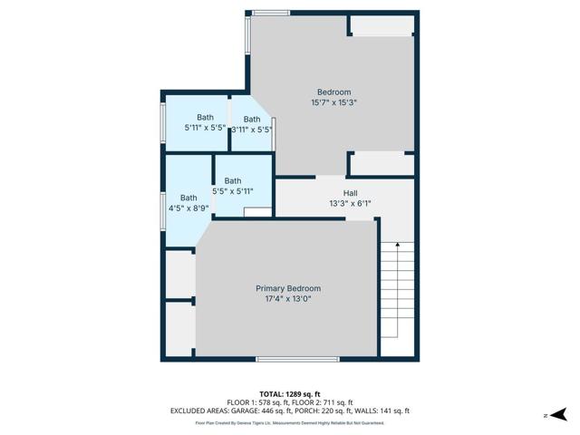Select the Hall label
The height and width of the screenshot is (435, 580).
pos(350,193)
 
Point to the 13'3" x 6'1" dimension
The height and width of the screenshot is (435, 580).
pos(350,204)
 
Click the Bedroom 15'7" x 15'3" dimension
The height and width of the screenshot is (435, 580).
pos(333,102)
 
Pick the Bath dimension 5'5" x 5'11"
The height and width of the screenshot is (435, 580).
pos(233,191)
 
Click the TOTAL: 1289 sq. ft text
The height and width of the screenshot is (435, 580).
pos(290,393)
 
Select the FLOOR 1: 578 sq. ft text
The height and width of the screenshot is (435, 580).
pos(257,402)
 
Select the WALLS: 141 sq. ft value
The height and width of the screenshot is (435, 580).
pos(388,411)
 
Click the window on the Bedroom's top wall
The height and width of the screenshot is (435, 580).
pos(271,13)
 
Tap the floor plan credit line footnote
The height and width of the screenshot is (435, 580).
pos(290,422)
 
